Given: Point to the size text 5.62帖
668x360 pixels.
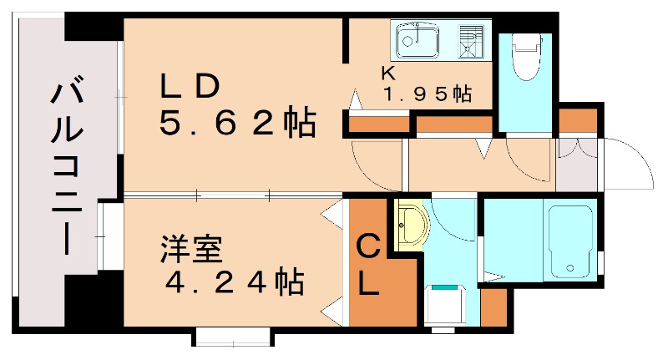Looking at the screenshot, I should click(x=237, y=124).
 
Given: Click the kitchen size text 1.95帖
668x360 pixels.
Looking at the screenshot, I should click(x=428, y=94).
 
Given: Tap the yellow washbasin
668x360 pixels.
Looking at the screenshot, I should click(x=409, y=226).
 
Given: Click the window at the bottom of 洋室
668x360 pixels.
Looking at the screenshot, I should click(x=233, y=337).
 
